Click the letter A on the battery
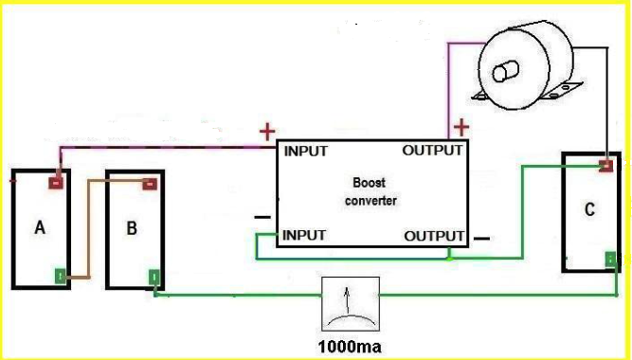point(40,227)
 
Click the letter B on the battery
point(132,228)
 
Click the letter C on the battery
point(589,209)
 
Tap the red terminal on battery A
point(56,184)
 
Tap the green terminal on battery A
point(60,277)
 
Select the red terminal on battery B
point(150,184)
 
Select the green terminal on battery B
point(154,278)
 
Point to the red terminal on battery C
point(605,166)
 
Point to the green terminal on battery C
point(610,260)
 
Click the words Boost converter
point(370,191)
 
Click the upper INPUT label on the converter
point(306,152)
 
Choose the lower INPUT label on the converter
point(304,235)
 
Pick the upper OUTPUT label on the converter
point(432,151)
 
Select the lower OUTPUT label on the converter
point(434,236)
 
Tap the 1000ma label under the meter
point(350,347)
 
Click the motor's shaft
point(505,71)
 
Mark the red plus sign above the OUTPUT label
point(461,127)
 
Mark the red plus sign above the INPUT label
point(267,132)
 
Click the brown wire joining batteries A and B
point(88,229)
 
